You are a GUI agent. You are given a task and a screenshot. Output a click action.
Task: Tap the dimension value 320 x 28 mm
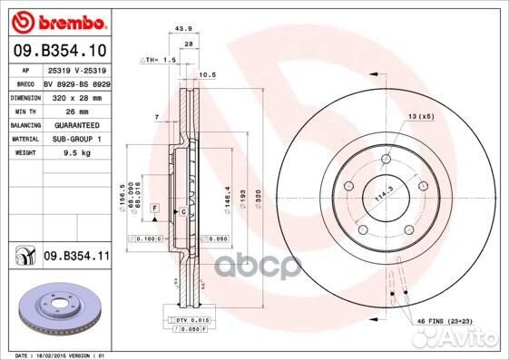(x=77, y=95)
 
